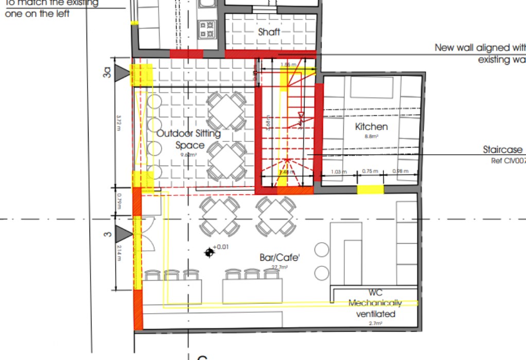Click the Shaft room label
click(x=269, y=32)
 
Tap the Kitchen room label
click(x=371, y=127)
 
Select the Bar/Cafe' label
click(x=279, y=257)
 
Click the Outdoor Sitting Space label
click(x=189, y=139)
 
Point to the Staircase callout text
click(x=503, y=150)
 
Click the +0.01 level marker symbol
click(x=209, y=252)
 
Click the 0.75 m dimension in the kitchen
click(x=370, y=171)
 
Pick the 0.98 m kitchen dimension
click(x=400, y=171)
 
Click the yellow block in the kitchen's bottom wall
click(x=370, y=190)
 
